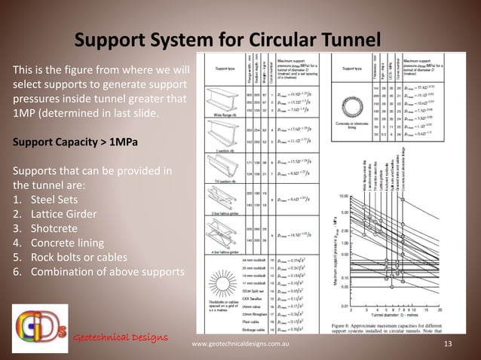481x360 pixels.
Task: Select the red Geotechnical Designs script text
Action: click(120, 335)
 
